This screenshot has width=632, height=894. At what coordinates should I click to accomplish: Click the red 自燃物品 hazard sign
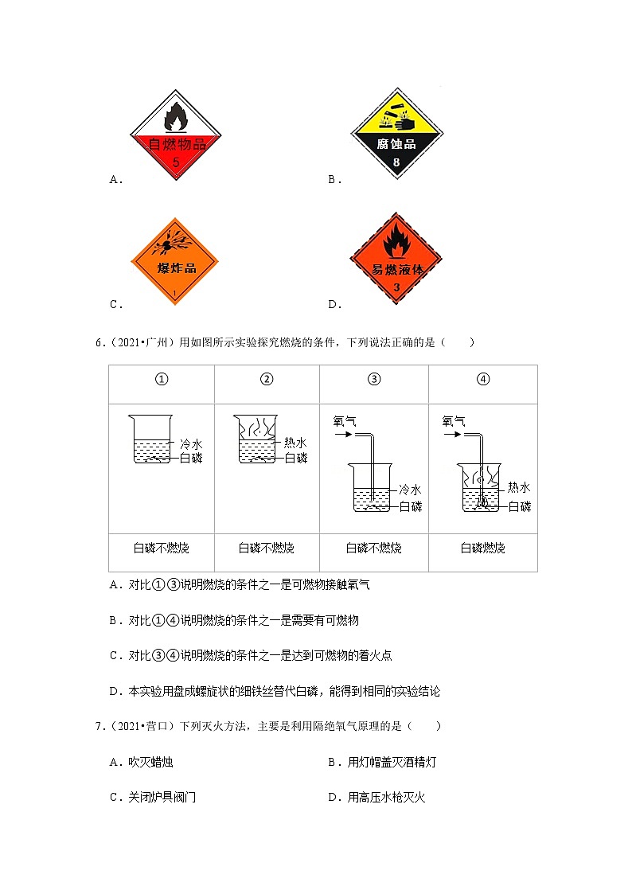tap(176, 135)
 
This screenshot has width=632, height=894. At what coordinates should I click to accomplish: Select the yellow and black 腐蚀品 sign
tap(396, 134)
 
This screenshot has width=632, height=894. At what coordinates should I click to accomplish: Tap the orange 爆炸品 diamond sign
tap(175, 261)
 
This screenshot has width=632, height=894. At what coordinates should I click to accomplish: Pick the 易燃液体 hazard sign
tap(396, 259)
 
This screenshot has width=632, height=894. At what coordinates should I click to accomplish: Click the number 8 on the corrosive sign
tap(396, 162)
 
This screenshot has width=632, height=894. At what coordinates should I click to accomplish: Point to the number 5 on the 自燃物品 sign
tap(176, 162)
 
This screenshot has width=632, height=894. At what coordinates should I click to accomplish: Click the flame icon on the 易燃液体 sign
tap(396, 240)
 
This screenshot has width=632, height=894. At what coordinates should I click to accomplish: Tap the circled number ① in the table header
tap(162, 379)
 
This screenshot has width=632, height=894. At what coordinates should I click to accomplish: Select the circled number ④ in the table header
tap(482, 379)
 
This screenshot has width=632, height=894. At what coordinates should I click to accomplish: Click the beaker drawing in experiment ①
tap(150, 439)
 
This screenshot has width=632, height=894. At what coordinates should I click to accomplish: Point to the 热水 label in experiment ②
tap(295, 443)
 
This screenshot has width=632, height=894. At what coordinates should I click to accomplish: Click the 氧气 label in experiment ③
tap(345, 421)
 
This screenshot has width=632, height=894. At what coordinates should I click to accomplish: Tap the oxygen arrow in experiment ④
tap(452, 435)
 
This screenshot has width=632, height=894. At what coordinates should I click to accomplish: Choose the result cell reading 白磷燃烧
tap(482, 548)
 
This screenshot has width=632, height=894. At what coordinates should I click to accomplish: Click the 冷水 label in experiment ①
tap(191, 444)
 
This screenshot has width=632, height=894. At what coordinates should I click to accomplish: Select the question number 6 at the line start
tap(100, 342)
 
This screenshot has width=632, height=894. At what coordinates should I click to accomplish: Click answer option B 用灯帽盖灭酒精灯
tap(382, 762)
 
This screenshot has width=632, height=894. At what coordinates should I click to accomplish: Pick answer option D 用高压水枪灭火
tap(376, 797)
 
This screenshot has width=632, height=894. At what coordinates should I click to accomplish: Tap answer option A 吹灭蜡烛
tap(142, 762)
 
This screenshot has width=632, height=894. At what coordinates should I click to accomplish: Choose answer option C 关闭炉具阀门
tap(153, 797)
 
